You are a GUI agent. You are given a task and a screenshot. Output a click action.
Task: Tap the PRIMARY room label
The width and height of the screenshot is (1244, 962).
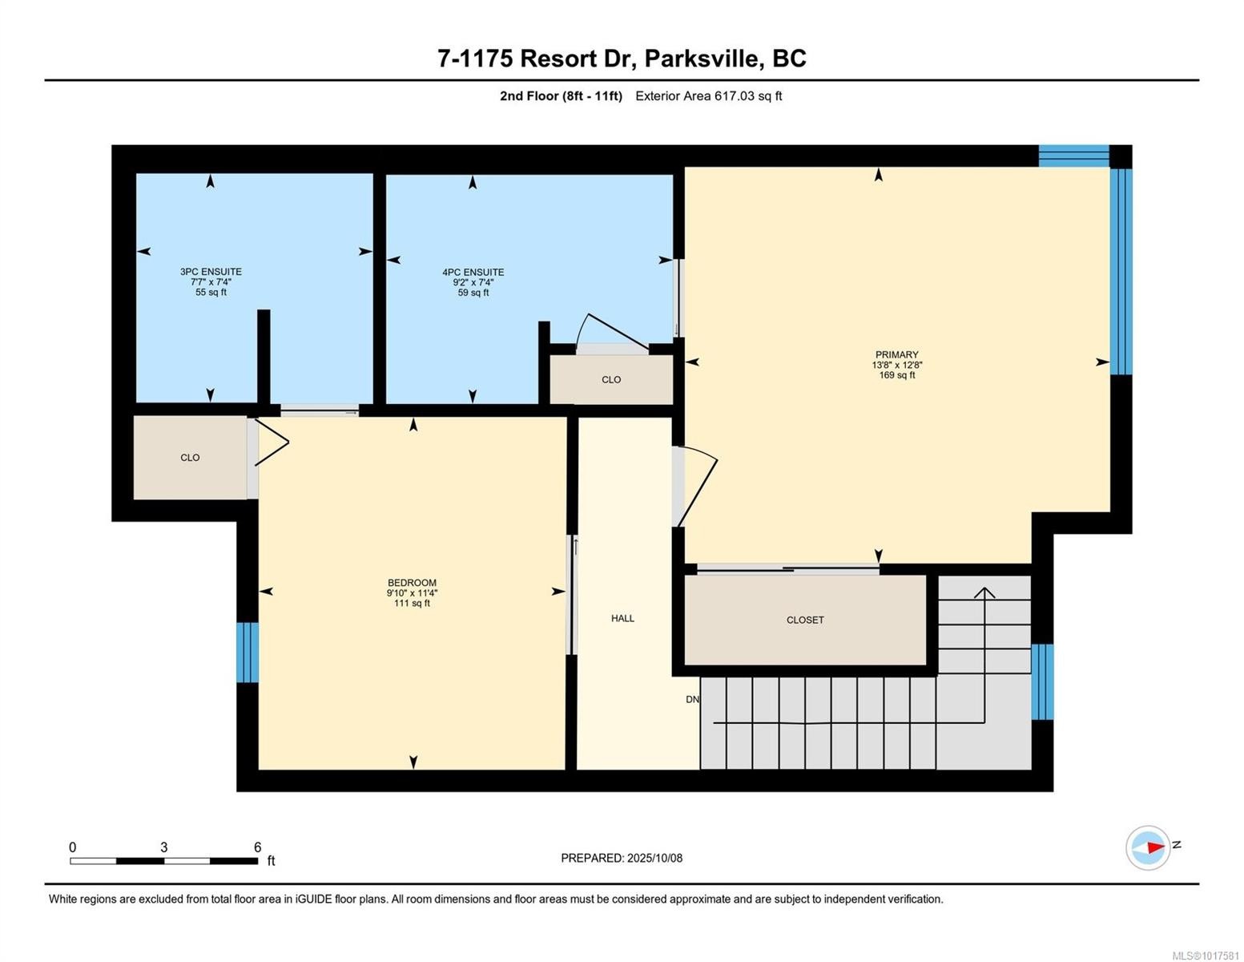tap(896, 354)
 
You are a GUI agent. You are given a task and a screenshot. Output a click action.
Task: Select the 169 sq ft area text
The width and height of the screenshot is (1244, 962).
tap(896, 375)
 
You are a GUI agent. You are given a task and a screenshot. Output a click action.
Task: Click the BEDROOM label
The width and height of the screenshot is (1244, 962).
tap(412, 583)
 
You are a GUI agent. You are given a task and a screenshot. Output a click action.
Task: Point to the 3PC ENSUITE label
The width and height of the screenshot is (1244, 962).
tap(211, 272)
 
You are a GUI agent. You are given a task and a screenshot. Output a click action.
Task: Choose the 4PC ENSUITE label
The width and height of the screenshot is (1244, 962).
tap(473, 272)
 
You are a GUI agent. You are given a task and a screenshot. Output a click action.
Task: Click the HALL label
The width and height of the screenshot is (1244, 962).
tap(622, 618)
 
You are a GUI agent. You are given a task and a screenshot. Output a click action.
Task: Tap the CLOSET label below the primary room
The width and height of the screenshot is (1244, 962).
tap(805, 620)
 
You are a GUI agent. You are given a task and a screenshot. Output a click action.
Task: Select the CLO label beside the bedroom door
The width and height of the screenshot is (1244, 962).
tap(190, 458)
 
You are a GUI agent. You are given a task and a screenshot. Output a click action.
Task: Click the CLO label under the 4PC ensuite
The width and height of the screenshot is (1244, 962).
tap(611, 380)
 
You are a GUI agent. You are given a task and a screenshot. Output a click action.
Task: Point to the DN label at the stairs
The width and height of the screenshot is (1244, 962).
tap(692, 700)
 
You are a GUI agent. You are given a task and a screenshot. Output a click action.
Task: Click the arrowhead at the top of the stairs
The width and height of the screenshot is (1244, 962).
tap(984, 592)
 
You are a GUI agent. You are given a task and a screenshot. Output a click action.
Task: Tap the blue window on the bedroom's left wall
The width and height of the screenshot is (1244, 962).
tap(248, 653)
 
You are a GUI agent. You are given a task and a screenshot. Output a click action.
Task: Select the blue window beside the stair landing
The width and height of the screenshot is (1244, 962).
tap(1042, 681)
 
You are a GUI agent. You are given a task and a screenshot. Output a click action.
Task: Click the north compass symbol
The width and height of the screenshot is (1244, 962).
tap(1149, 847)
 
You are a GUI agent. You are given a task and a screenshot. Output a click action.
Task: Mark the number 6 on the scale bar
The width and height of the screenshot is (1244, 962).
tap(257, 847)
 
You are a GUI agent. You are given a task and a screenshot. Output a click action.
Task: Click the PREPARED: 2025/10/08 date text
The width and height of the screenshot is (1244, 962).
tap(621, 858)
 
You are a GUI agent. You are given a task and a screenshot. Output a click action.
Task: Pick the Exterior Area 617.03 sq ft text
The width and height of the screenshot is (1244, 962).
tap(708, 96)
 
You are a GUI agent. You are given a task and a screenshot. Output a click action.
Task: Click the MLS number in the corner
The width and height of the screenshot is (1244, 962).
tap(1206, 955)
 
